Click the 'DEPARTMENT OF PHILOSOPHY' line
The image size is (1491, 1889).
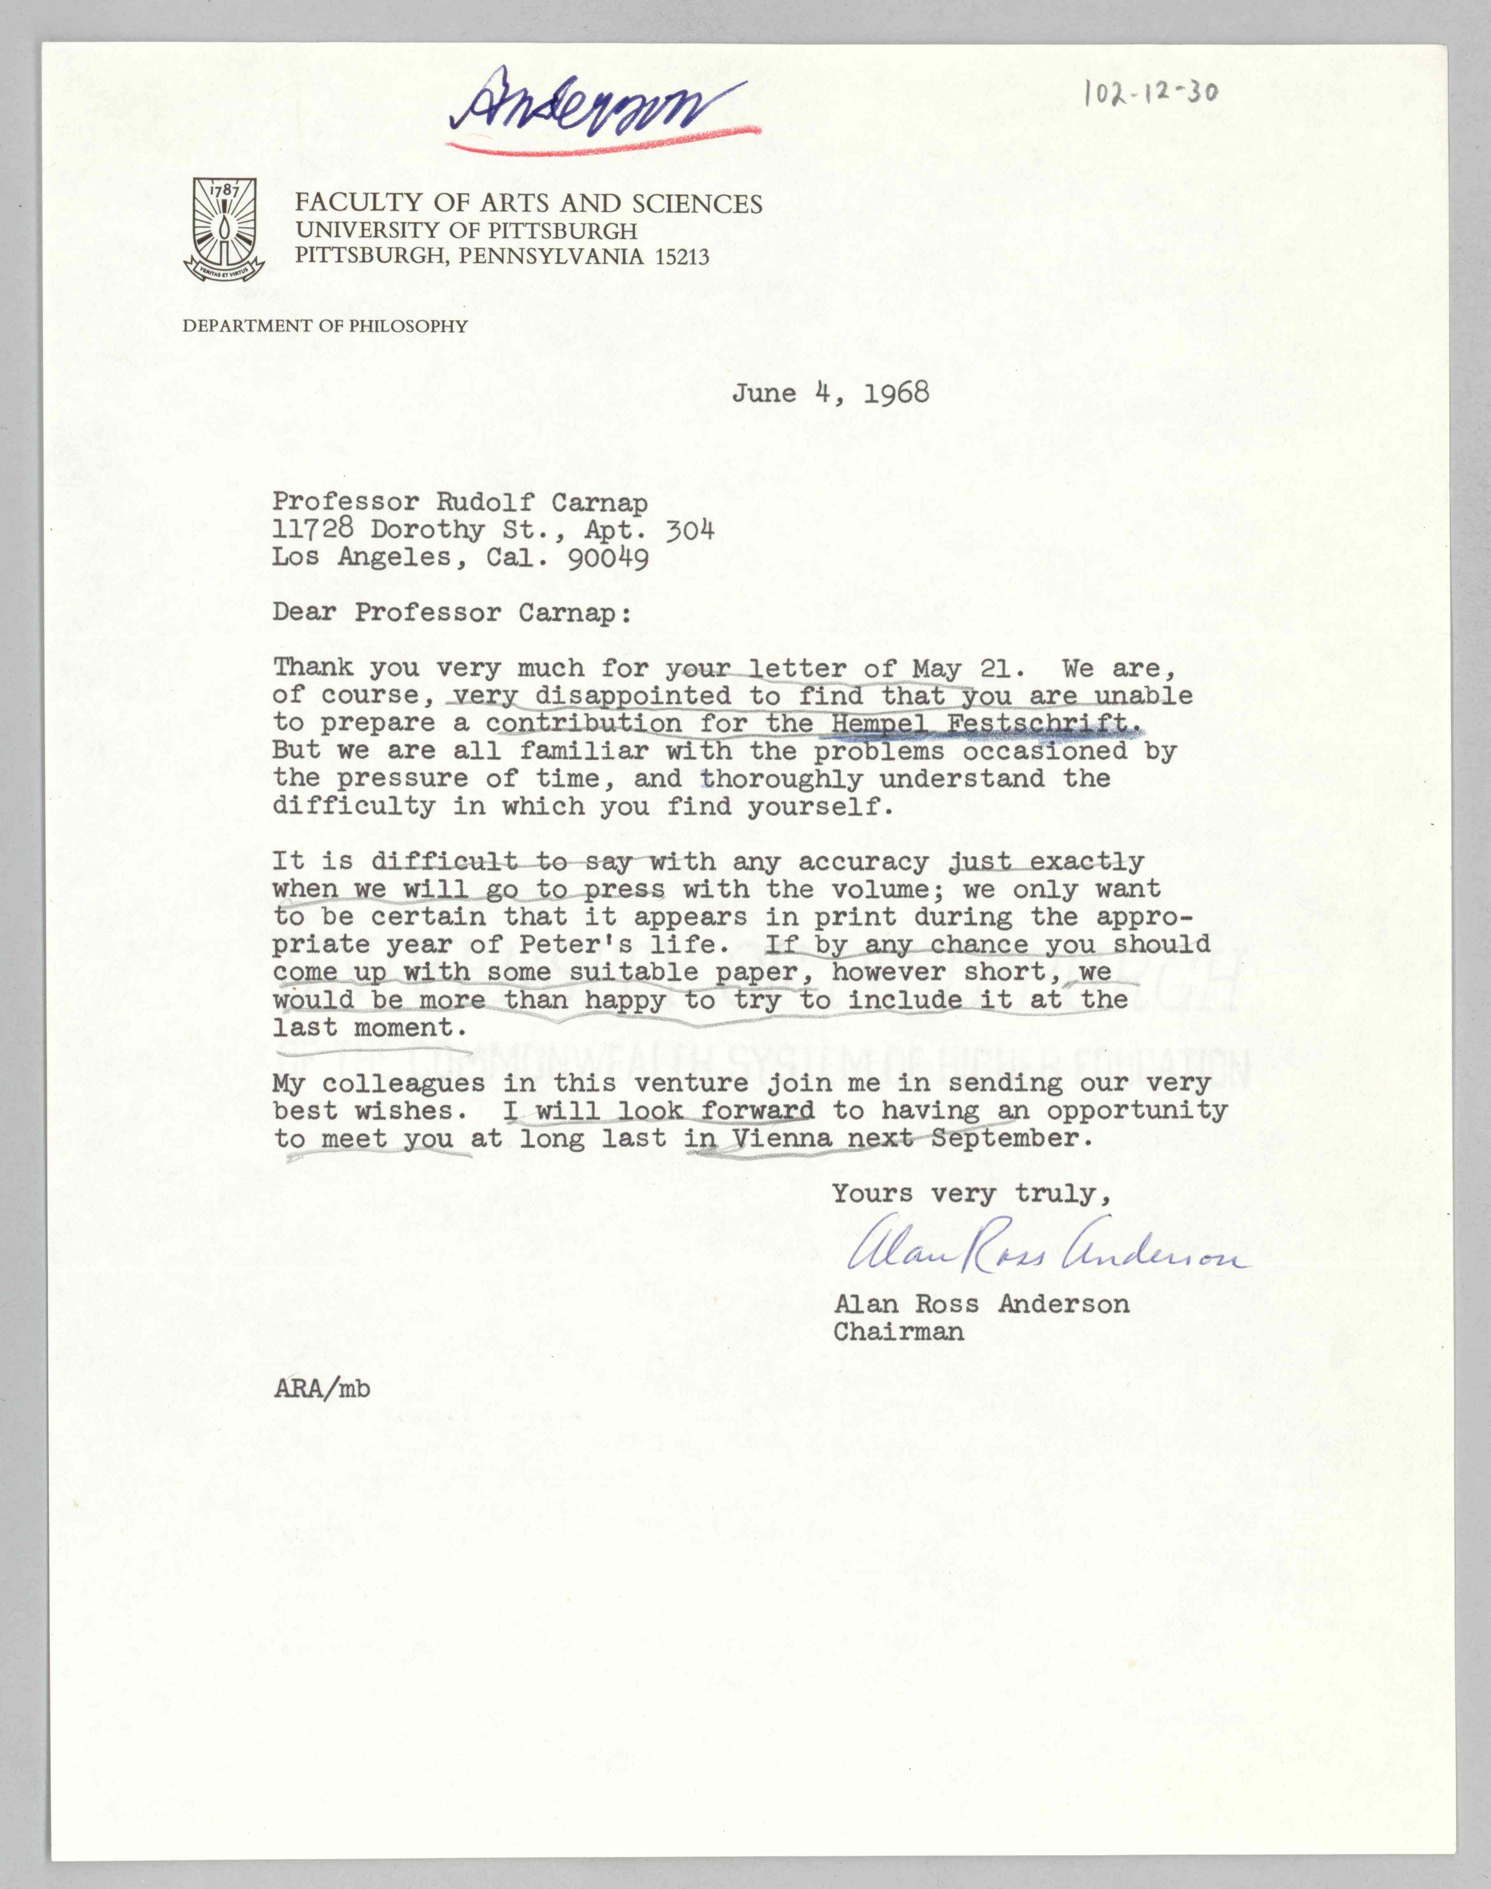coord(325,327)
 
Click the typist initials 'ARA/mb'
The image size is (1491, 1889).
coord(321,1388)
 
